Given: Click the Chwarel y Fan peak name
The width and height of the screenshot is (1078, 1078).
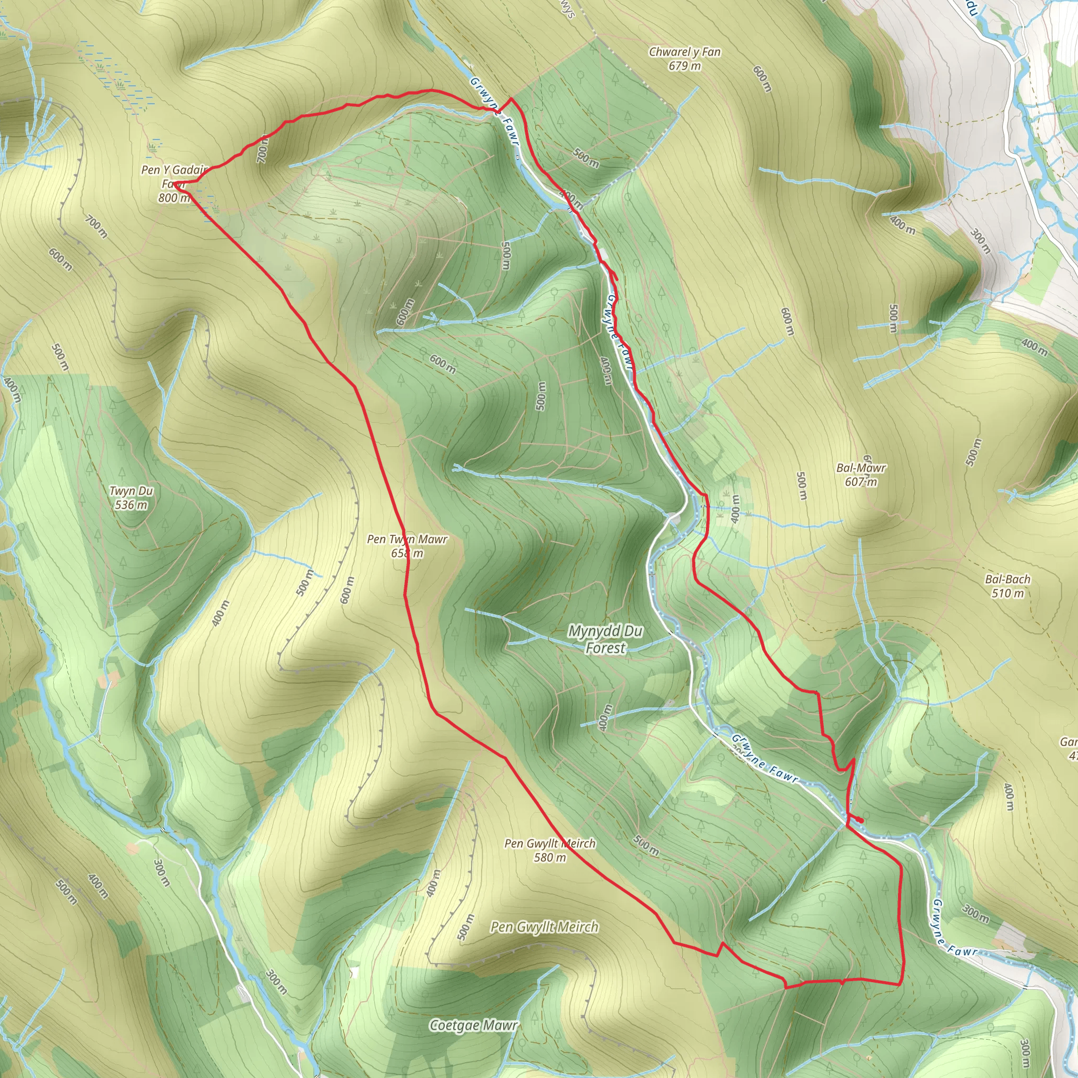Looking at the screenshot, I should coord(685,52).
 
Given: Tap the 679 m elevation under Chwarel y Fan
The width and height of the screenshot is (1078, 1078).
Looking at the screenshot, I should coord(685,66).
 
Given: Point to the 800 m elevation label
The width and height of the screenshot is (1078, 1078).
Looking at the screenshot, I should coord(174,197).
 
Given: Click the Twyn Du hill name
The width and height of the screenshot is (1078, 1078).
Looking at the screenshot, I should coord(131,491).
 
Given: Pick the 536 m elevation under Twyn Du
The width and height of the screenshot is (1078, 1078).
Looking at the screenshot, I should coord(131,505).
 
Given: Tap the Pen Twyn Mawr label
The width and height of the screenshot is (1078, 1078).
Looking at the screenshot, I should coord(407,539).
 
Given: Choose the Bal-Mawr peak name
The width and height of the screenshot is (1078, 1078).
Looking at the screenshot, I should coord(861,467).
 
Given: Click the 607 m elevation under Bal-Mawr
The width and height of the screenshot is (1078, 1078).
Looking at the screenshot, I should coord(861,482).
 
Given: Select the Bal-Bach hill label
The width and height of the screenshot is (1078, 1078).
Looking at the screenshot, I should coord(1007,579).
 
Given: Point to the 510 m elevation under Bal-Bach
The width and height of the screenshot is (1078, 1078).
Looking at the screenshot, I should coord(1007,593).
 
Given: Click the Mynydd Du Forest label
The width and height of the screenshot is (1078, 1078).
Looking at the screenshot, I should coord(605,640).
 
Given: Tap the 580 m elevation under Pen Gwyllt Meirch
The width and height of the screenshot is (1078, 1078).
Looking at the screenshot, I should coord(550,857).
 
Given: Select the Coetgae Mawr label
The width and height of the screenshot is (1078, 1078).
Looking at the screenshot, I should coord(474,1025).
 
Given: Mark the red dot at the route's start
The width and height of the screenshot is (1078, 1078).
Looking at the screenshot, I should coord(861,820).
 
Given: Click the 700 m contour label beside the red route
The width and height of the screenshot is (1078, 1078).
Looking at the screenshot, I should coord(263,150).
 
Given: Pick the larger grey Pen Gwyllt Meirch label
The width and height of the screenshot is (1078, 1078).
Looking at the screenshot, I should coord(545,927).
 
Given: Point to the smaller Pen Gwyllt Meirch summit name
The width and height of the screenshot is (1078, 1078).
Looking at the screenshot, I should coord(550,844).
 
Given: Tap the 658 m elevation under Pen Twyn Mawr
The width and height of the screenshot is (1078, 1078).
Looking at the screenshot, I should coord(407,553).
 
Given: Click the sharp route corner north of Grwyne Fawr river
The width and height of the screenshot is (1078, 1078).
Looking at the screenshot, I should coord(511,99).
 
